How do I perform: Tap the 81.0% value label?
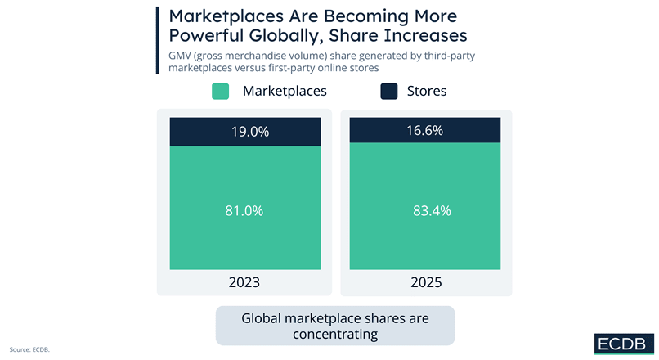244,210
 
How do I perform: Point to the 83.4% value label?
425,210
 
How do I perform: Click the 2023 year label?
244,282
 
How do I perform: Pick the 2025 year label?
425,282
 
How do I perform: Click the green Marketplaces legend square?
220,91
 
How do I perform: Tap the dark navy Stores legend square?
389,91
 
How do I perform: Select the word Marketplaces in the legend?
285,91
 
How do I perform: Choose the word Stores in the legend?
427,91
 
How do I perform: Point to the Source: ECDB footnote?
30,349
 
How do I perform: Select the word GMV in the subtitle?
181,56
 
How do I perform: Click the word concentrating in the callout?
335,334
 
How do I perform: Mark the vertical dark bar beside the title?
156,39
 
